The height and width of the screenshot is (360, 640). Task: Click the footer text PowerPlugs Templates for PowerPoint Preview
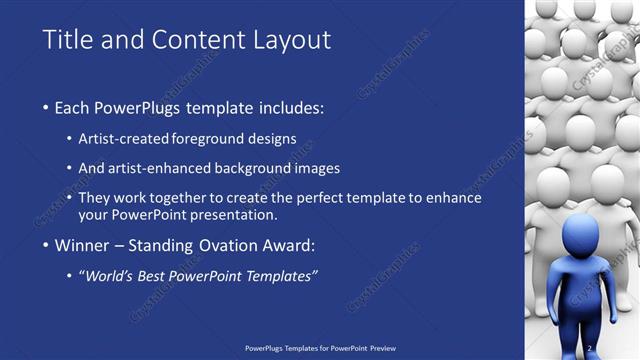coord(320,349)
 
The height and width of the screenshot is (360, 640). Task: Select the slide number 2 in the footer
coord(592,349)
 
